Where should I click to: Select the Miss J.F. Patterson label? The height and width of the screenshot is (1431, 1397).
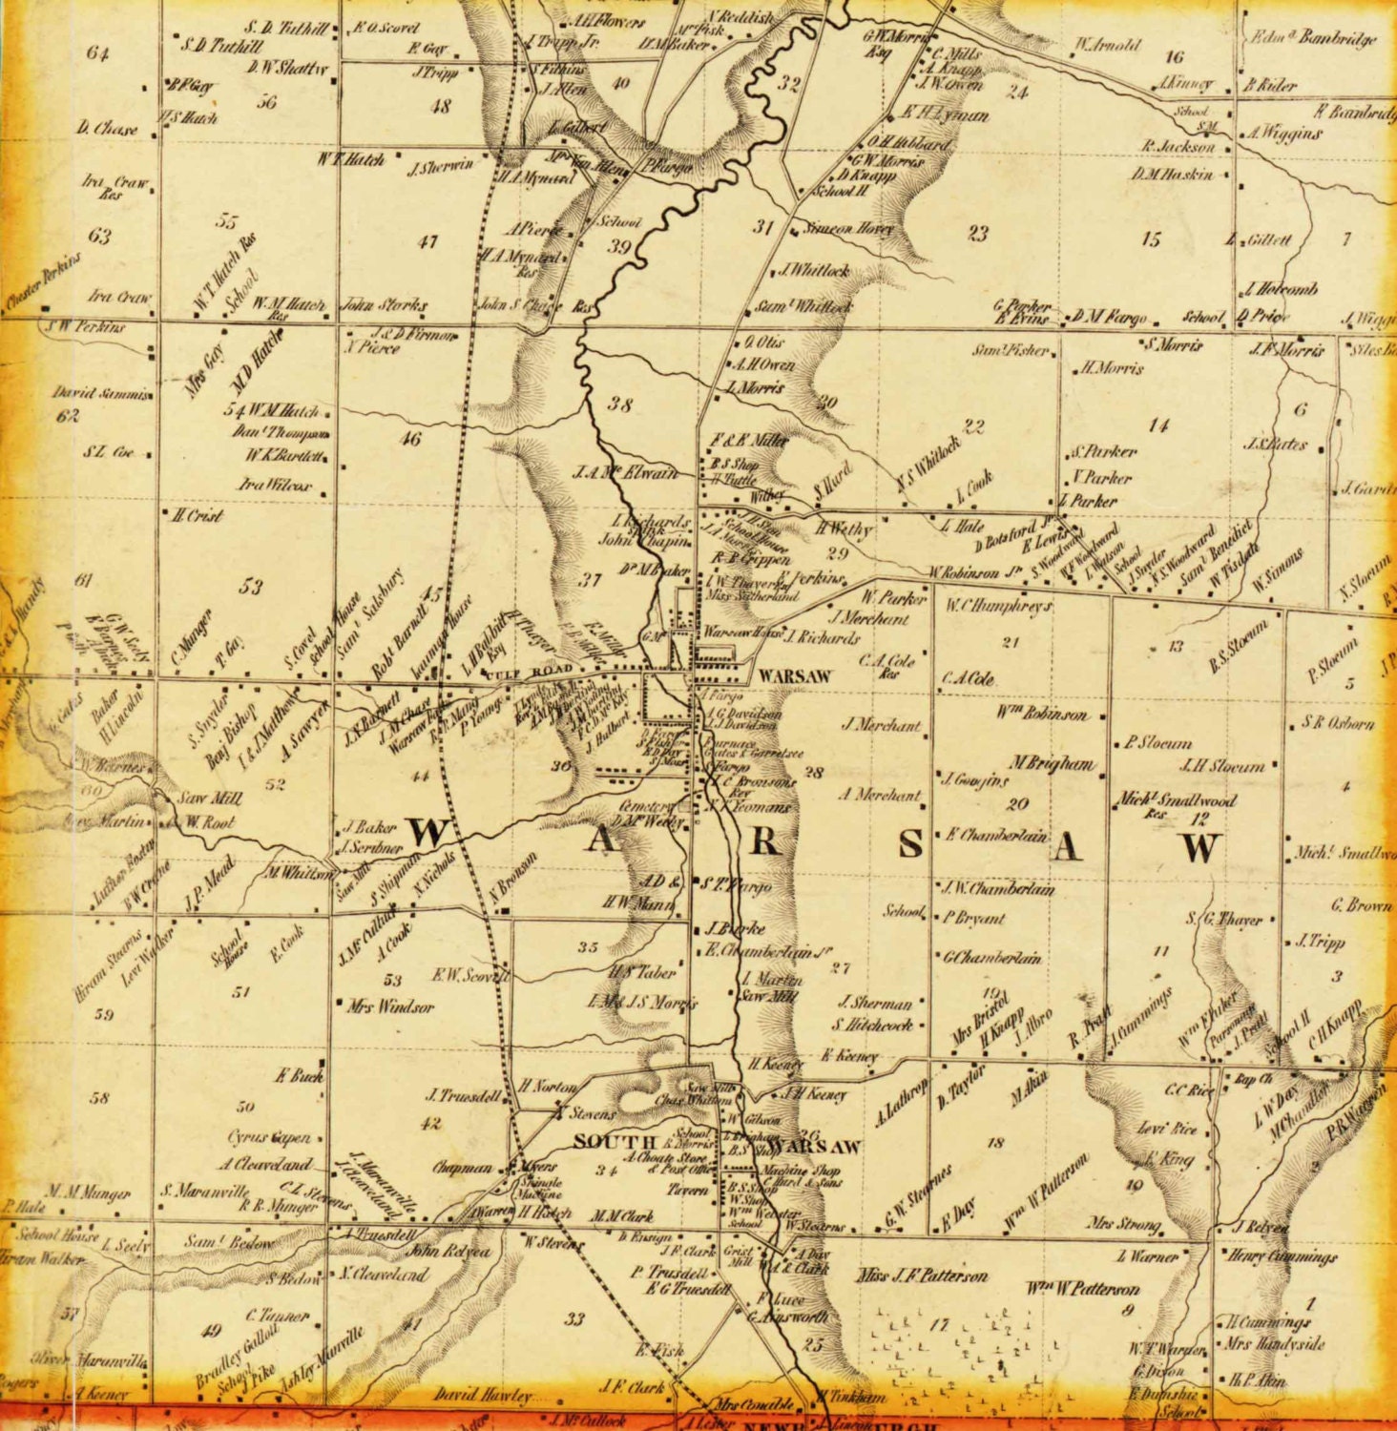pyautogui.click(x=922, y=1275)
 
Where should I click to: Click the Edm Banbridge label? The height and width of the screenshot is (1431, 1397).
pyautogui.click(x=1314, y=38)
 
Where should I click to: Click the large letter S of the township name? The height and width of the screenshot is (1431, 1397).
pyautogui.click(x=911, y=843)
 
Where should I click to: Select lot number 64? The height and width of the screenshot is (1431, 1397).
pyautogui.click(x=97, y=52)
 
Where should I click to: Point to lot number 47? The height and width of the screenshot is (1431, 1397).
pyautogui.click(x=427, y=242)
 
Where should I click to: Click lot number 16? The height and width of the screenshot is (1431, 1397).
pyautogui.click(x=1174, y=57)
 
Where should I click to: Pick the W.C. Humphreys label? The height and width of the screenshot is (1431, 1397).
pyautogui.click(x=998, y=607)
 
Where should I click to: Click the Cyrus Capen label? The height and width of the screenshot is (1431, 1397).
pyautogui.click(x=269, y=1137)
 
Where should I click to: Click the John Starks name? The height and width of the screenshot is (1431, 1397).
pyautogui.click(x=386, y=306)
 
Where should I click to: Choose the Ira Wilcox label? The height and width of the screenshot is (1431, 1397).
pyautogui.click(x=276, y=485)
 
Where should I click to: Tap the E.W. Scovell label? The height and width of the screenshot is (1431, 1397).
pyautogui.click(x=471, y=975)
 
